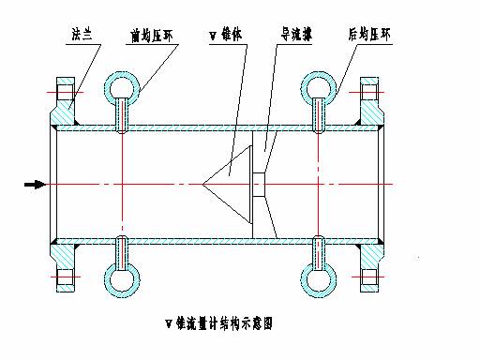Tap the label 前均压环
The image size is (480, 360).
pyautogui.click(x=153, y=34)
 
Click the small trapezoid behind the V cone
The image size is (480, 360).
pyautogui.click(x=259, y=184)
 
